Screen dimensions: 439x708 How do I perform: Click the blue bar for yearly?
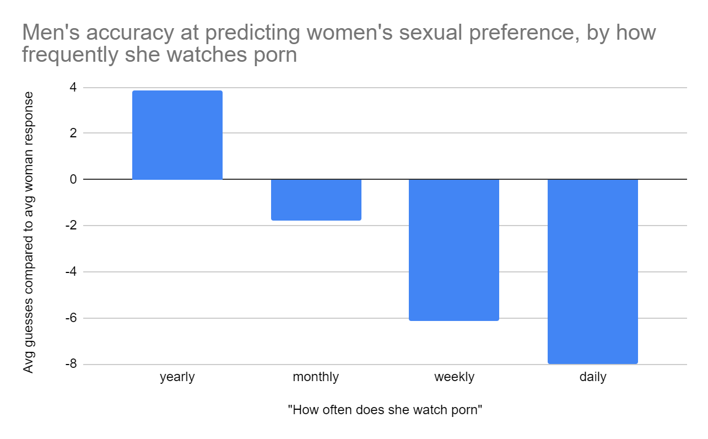[177, 135]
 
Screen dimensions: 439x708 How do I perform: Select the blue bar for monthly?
[316, 200]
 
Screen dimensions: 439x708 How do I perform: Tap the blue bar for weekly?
[454, 249]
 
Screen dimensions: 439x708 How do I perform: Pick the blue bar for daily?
[592, 271]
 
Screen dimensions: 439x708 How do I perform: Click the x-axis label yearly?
[177, 377]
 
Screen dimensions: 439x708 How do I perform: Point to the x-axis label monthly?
[316, 377]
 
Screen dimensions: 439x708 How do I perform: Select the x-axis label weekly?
[454, 377]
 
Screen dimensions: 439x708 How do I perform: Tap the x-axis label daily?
[592, 377]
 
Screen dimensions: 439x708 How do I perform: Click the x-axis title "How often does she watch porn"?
[385, 410]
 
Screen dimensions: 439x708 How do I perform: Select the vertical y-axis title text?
[29, 232]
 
